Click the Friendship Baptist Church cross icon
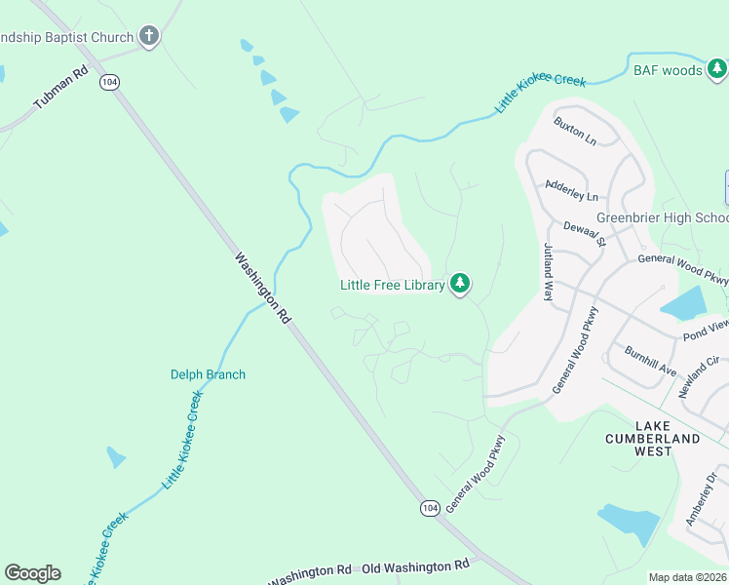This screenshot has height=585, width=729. (149, 37)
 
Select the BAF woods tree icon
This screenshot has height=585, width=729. (716, 69)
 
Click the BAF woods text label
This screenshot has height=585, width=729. (668, 70)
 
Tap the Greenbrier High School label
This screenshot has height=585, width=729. (662, 217)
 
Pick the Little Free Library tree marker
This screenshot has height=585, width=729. (460, 285)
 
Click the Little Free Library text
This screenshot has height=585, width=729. (392, 285)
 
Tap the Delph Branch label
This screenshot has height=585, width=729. (208, 374)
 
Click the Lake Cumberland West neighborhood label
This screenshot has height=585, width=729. (667, 439)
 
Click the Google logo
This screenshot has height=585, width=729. (32, 573)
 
